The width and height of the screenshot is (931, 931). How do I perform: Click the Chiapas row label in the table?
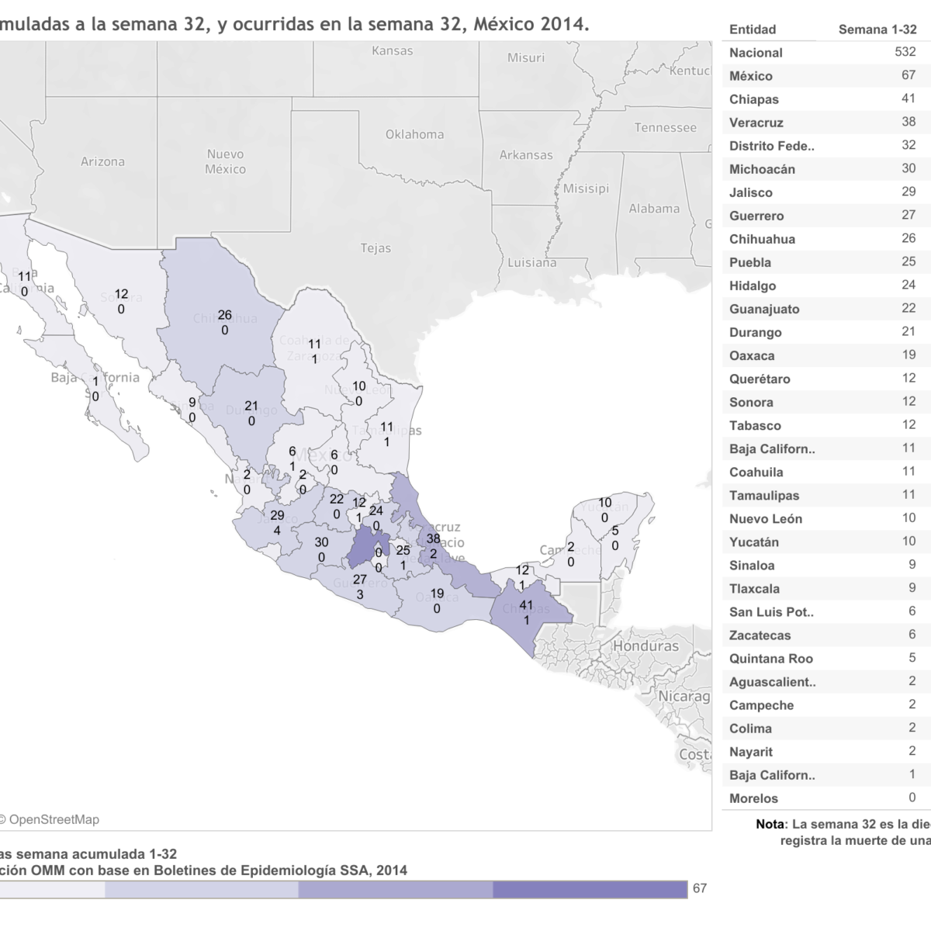(753, 99)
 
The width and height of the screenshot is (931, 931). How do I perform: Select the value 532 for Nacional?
(905, 52)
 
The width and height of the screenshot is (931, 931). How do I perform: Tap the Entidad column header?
(752, 29)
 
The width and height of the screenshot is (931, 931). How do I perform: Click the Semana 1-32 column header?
(877, 29)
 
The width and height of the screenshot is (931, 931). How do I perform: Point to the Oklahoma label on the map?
(414, 134)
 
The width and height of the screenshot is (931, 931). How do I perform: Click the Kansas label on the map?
(393, 51)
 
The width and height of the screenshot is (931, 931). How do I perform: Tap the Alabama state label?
(653, 209)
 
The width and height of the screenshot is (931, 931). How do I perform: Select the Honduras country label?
(645, 646)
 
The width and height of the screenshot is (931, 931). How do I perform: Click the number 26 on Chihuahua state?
(224, 315)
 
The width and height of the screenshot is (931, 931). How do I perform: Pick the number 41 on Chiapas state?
(526, 605)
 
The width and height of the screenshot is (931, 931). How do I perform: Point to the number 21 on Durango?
(251, 406)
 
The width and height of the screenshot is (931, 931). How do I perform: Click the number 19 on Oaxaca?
(437, 594)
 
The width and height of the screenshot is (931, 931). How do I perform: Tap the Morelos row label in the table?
(753, 798)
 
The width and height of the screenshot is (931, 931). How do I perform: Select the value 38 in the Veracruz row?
(909, 122)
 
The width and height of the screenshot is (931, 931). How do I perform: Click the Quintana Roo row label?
(770, 659)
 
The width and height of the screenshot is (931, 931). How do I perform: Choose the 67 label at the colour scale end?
(700, 888)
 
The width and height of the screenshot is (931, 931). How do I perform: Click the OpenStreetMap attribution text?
(53, 819)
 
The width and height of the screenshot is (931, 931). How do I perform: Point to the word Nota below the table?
(771, 825)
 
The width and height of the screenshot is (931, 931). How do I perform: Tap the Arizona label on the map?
(102, 162)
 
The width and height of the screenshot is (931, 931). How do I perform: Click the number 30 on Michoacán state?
(321, 542)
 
